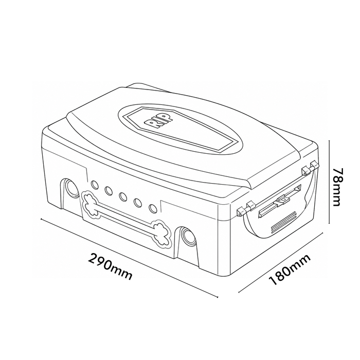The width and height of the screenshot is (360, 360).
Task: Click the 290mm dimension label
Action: point(110,266)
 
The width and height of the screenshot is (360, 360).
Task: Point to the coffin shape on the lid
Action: point(179,129)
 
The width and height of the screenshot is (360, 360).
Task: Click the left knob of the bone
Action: point(91,204)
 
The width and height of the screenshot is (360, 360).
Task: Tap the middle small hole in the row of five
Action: point(123,196)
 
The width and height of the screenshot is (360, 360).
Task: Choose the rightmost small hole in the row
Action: point(152,208)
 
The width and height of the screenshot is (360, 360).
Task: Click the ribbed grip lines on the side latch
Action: point(284,222)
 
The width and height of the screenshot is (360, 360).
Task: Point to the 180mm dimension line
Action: point(281,262)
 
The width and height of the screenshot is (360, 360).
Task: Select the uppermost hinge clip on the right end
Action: point(314,165)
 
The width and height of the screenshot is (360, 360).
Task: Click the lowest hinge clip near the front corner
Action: point(241,211)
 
